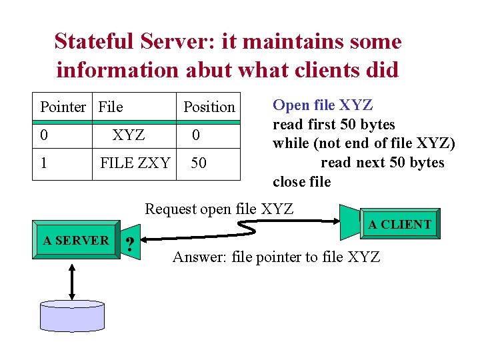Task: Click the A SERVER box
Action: click(75, 241)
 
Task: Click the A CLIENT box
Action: click(399, 225)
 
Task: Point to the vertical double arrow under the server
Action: click(72, 280)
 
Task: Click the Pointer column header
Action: click(63, 107)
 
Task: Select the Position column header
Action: click(209, 107)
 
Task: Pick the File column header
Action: click(111, 107)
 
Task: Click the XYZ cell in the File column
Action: click(129, 135)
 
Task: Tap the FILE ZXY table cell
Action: click(135, 163)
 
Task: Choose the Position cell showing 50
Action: click(199, 163)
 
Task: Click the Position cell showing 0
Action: click(196, 135)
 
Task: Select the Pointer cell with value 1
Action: click(44, 163)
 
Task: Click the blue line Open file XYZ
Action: click(323, 105)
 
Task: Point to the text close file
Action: click(301, 182)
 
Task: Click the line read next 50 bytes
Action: click(382, 163)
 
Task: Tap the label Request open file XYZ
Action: click(219, 209)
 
